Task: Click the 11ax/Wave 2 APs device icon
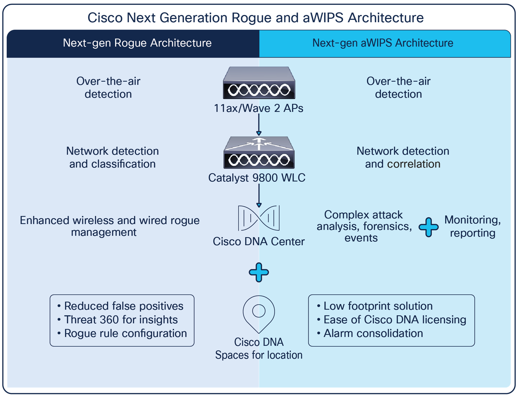(259, 83)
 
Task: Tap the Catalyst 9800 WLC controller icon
(259, 153)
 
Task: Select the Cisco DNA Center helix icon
(259, 218)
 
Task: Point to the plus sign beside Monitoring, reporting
(428, 227)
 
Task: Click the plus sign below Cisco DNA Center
(259, 272)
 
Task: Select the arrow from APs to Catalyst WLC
(259, 125)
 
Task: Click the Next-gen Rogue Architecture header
(137, 43)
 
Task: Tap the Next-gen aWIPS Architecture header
(383, 43)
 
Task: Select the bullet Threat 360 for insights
(121, 320)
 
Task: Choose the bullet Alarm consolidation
(373, 333)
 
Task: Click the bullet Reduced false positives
(124, 306)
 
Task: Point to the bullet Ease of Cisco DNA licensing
(395, 320)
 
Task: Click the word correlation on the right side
(413, 164)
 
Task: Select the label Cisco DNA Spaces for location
(259, 349)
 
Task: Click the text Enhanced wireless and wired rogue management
(110, 226)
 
